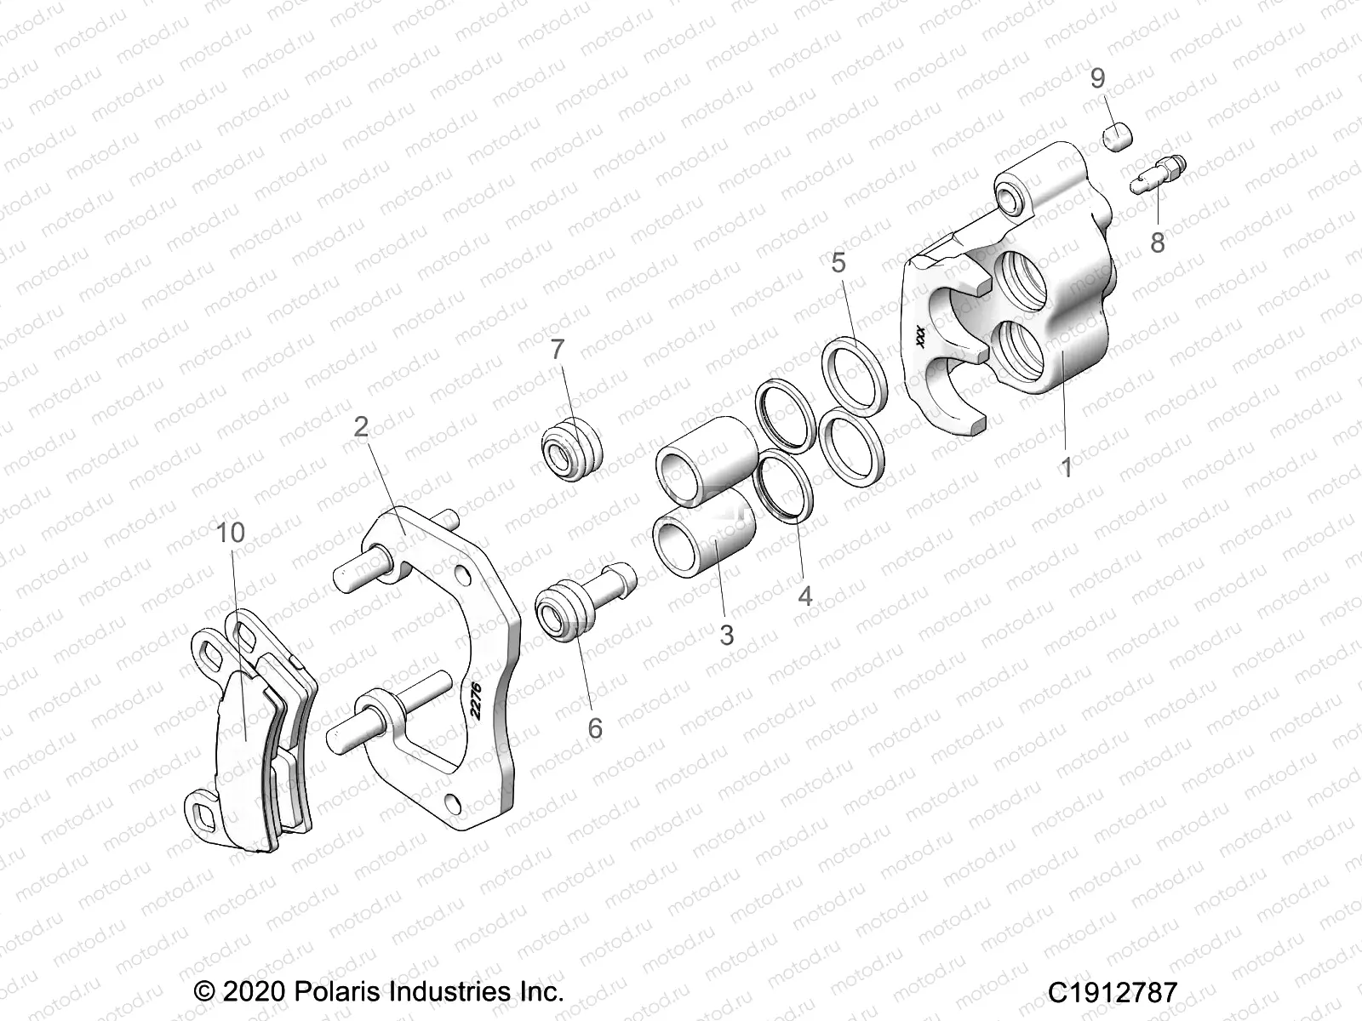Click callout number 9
[1098, 79]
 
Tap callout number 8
[1158, 242]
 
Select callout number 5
[838, 263]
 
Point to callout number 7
[558, 350]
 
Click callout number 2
[361, 426]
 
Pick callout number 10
[231, 533]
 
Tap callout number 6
[594, 727]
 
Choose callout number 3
[726, 635]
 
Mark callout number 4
[804, 596]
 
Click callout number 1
[1065, 466]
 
